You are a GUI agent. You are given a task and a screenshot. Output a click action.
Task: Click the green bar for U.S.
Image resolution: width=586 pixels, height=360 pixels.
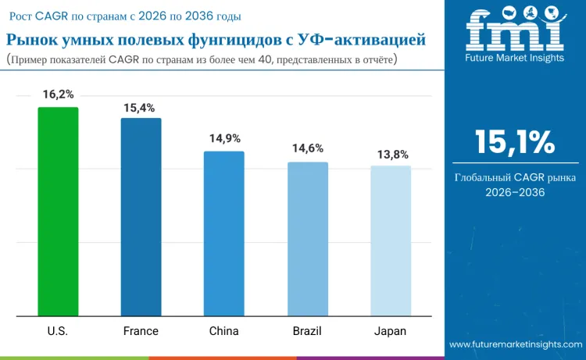(58, 212)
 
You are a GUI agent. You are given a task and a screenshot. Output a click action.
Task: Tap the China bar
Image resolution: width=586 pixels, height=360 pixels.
(224, 233)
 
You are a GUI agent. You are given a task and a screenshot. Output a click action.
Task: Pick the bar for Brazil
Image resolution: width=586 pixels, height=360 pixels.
(308, 239)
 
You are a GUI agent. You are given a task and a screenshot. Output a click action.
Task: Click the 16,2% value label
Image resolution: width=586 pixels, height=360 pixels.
(59, 94)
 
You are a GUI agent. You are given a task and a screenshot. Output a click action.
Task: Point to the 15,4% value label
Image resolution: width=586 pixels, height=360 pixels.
(141, 108)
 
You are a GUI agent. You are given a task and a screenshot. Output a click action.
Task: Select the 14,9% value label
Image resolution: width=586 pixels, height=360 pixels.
(224, 138)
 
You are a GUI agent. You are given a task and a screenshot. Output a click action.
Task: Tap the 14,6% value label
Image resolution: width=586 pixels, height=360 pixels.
(308, 148)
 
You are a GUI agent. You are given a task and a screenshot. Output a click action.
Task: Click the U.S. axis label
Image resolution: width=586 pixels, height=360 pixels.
(58, 331)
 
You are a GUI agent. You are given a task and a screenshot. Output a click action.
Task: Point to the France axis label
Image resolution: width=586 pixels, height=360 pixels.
(141, 331)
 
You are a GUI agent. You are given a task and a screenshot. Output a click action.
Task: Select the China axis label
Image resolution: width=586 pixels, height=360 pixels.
(224, 331)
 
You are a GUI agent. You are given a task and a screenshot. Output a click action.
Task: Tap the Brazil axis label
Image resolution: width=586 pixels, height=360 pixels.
(307, 331)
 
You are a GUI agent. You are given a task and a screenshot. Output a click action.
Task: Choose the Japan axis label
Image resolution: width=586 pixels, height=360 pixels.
(391, 331)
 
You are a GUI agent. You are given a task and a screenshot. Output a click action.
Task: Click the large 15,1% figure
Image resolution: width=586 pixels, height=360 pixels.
(515, 142)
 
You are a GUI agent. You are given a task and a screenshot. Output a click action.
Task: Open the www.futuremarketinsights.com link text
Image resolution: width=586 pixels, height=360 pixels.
(516, 344)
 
